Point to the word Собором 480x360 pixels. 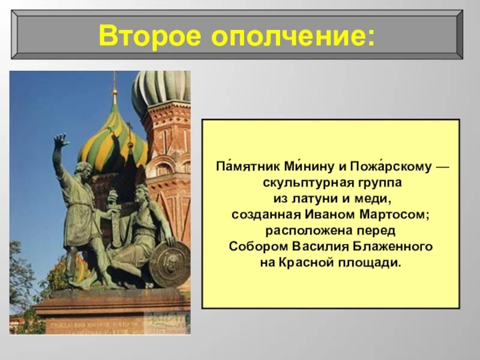click(x=258, y=247)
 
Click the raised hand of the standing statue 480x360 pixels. click(x=60, y=142)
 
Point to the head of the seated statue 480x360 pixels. click(x=142, y=194)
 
